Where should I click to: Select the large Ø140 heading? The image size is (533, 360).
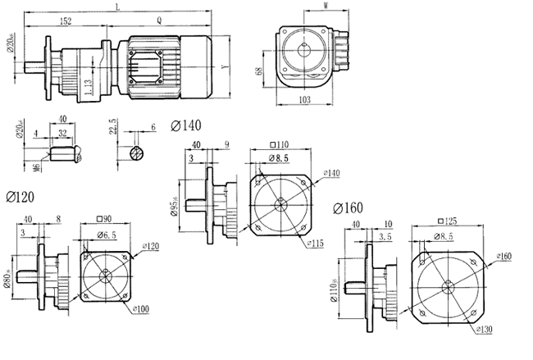coord(186,125)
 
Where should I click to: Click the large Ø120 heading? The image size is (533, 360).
coord(20,198)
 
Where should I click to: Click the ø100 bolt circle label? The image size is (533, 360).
coord(141,310)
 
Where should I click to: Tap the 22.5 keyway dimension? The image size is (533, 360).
coord(113,131)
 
